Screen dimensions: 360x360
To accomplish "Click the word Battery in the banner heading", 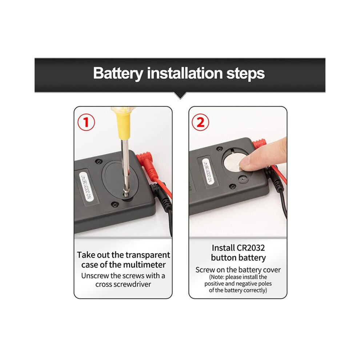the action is point(118,74).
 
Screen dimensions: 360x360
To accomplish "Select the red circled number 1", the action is point(86,122).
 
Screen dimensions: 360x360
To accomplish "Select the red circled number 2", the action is point(200,122).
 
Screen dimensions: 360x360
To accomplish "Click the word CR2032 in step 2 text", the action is point(250,248).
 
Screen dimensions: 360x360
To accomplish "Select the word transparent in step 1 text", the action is point(148,255).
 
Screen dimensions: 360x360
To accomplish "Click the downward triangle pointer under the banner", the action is point(180,96).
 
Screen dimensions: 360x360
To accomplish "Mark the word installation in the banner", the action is point(185,73).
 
